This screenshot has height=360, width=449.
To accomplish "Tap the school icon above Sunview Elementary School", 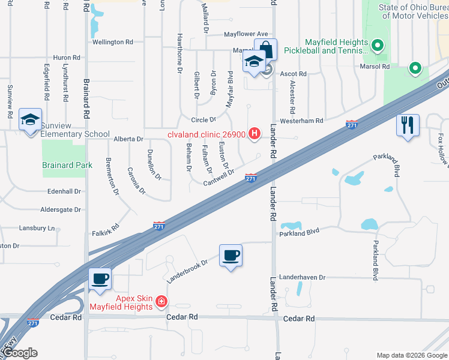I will pyautogui.click(x=30, y=119).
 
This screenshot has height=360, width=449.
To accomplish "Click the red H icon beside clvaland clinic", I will pyautogui.click(x=255, y=133).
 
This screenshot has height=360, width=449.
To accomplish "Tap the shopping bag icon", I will pyautogui.click(x=265, y=49).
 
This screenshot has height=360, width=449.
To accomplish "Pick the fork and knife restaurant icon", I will pyautogui.click(x=407, y=125).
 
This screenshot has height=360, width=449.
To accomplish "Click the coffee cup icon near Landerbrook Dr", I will pyautogui.click(x=231, y=256).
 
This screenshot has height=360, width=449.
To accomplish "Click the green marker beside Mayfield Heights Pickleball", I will pyautogui.click(x=378, y=45).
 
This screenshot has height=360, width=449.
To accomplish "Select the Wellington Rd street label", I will pyautogui.click(x=113, y=43).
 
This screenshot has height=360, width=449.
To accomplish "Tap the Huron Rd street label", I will pyautogui.click(x=67, y=58).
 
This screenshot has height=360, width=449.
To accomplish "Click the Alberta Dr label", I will pyautogui.click(x=128, y=139).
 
